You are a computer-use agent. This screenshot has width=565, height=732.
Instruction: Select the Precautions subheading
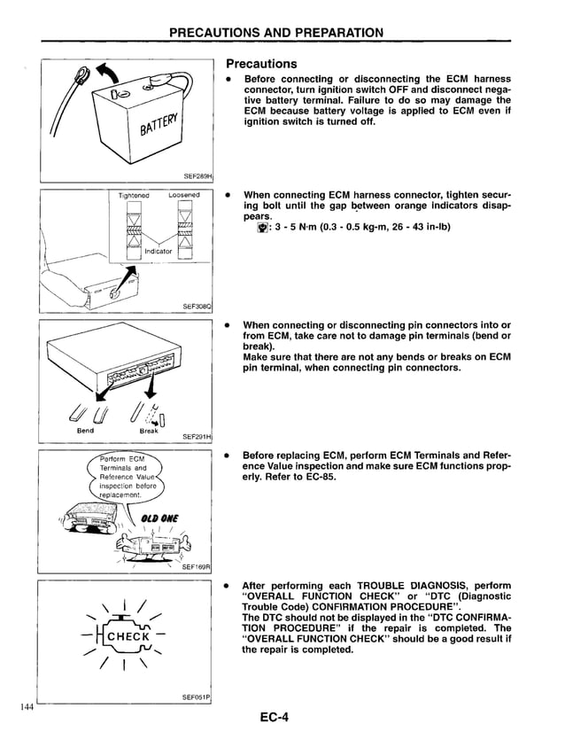(261, 64)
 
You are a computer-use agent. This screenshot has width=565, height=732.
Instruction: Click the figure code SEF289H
(197, 176)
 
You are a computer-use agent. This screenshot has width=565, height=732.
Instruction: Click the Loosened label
(183, 195)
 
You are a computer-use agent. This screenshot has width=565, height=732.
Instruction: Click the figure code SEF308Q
(197, 307)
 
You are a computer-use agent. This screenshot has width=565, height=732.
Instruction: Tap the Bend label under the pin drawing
(86, 431)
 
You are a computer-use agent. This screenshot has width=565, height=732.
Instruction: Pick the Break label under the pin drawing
(148, 431)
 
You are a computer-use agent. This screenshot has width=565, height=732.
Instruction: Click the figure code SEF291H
(197, 436)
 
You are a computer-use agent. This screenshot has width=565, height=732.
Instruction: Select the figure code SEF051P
(197, 697)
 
